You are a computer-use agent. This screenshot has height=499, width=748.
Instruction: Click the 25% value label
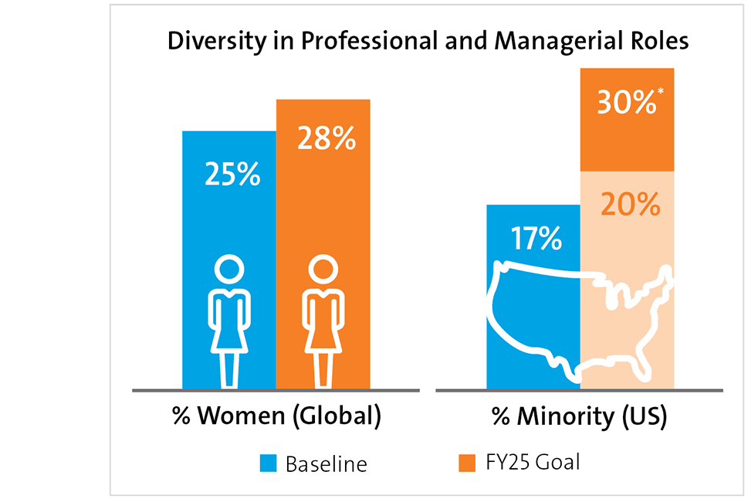pyautogui.click(x=232, y=174)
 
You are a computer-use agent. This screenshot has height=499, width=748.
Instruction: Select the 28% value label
pyautogui.click(x=327, y=139)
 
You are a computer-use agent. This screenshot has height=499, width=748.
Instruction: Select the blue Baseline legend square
pyautogui.click(x=268, y=463)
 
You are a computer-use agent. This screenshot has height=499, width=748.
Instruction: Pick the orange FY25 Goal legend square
pyautogui.click(x=466, y=462)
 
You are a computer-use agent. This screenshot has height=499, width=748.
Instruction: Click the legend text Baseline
pyautogui.click(x=326, y=464)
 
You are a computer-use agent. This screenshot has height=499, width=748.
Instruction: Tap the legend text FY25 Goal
pyautogui.click(x=532, y=462)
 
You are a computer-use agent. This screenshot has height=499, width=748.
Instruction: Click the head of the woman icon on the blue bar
pyautogui.click(x=228, y=270)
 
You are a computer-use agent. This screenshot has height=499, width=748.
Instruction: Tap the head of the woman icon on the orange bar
pyautogui.click(x=323, y=270)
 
